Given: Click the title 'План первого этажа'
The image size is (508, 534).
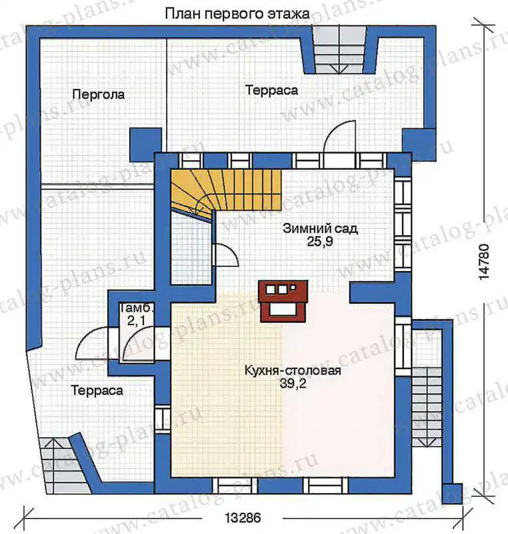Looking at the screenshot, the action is [237, 14].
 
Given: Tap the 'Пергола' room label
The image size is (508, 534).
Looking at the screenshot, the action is [99, 94].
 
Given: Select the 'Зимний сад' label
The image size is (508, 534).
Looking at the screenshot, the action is [320, 228].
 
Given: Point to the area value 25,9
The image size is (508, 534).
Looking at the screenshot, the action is [319, 242].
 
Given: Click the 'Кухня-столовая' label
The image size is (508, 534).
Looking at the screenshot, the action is [293, 370].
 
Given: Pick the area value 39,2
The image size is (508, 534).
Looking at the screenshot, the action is [293, 384].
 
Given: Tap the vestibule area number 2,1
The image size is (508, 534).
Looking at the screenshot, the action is [136, 320].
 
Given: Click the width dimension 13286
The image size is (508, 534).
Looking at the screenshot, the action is [243, 518].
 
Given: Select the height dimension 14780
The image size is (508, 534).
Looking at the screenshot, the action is [483, 262].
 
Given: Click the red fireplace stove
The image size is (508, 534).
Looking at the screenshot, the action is [283, 301].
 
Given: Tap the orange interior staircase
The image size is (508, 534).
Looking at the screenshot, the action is [226, 192].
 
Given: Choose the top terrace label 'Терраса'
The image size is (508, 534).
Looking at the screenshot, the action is [271, 90].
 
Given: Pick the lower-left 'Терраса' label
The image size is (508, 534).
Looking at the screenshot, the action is [97, 390].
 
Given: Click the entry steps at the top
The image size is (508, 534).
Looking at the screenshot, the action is [339, 50].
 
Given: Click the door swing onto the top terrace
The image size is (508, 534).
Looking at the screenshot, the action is [340, 136].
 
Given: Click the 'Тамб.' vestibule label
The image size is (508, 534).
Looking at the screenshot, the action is [137, 308].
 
